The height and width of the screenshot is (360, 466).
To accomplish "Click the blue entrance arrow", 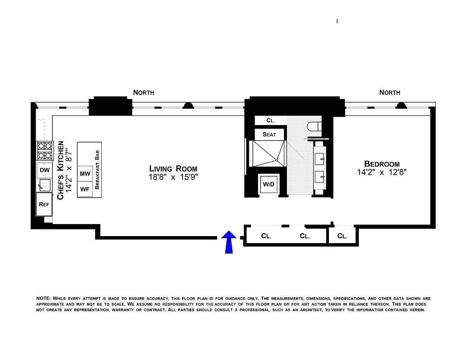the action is pyautogui.click(x=229, y=242).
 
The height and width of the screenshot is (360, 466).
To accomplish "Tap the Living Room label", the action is pyautogui.click(x=173, y=169).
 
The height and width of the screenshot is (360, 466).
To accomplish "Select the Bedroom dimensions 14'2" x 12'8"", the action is pyautogui.click(x=382, y=172).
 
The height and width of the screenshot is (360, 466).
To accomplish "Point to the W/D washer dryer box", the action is pyautogui.click(x=268, y=184).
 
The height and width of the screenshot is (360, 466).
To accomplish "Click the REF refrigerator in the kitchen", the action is pyautogui.click(x=44, y=204).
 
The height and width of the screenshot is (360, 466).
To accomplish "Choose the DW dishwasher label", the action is pyautogui.click(x=45, y=170).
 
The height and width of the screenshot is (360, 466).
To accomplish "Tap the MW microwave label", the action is pyautogui.click(x=85, y=174).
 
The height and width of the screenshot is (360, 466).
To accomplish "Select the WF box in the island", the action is pyautogui.click(x=85, y=189).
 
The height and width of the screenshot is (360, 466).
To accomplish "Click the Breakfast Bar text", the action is pyautogui.click(x=97, y=170).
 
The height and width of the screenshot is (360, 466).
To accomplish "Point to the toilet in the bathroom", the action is pyautogui.click(x=315, y=127).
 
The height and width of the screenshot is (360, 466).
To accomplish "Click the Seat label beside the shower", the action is pyautogui.click(x=270, y=134).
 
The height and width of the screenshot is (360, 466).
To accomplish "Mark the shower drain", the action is pyautogui.click(x=277, y=160).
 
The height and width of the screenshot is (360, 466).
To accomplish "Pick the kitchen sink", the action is pyautogui.click(x=45, y=185).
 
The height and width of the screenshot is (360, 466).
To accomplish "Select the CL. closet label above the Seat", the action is pyautogui.click(x=271, y=120).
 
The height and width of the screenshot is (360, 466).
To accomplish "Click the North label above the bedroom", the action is pyautogui.click(x=389, y=92).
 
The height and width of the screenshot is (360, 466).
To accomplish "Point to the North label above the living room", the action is pyautogui.click(x=143, y=92).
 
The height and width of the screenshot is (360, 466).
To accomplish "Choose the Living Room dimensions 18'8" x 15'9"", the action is pyautogui.click(x=173, y=177).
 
